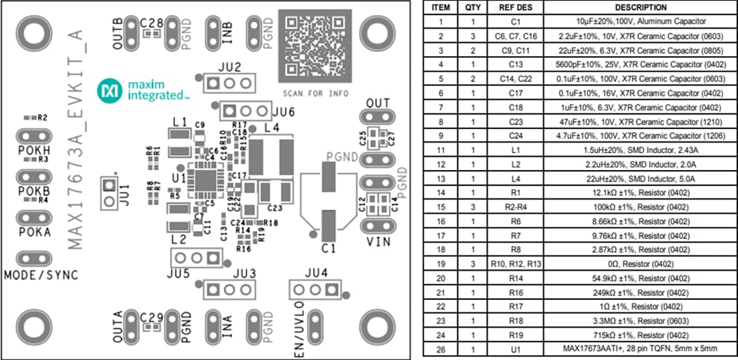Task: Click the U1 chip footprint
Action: [x=202, y=180]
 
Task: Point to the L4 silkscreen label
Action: [x=272, y=128]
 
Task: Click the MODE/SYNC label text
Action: [x=41, y=275]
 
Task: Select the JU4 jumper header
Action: [x=315, y=290]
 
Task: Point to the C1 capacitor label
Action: [x=329, y=248]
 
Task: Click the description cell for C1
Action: [x=621, y=22]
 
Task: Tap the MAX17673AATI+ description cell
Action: [x=621, y=349]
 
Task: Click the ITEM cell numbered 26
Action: [x=441, y=349]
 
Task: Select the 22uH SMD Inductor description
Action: [x=621, y=178]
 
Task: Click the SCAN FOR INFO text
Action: [x=315, y=93]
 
